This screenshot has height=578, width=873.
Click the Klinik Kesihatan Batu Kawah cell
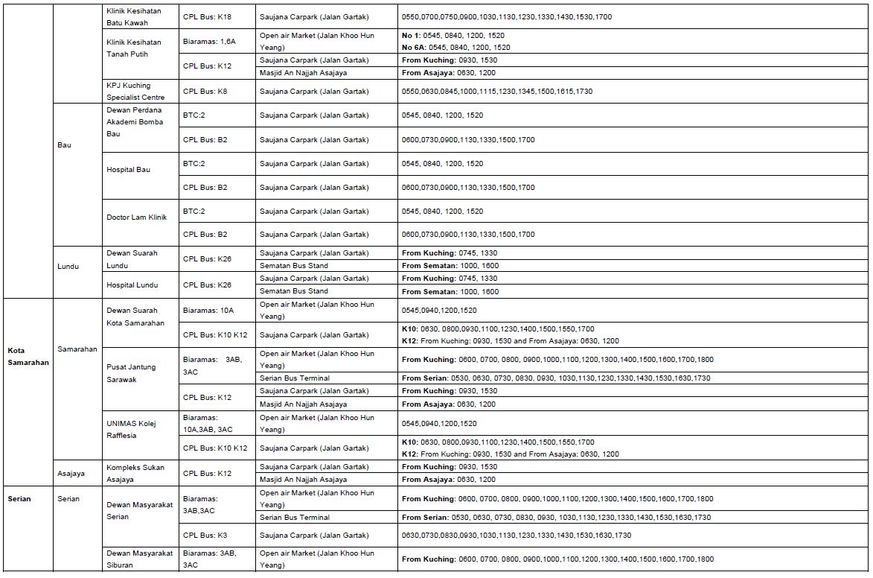click(x=133, y=17)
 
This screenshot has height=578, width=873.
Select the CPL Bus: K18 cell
click(x=207, y=16)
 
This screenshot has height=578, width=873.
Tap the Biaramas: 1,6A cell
click(x=209, y=42)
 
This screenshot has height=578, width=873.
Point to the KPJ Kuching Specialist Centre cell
click(x=135, y=91)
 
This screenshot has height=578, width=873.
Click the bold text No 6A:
click(x=415, y=48)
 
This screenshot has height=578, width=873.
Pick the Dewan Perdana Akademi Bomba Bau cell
click(x=134, y=122)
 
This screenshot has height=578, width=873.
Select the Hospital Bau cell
click(x=128, y=170)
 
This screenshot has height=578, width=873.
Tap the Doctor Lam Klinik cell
click(x=136, y=217)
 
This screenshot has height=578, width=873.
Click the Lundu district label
click(x=68, y=266)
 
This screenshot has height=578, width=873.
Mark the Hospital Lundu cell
click(x=132, y=285)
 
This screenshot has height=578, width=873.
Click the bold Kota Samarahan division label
click(x=28, y=356)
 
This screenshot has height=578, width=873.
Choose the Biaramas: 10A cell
click(x=208, y=310)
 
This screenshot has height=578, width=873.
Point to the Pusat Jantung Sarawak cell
click(x=131, y=373)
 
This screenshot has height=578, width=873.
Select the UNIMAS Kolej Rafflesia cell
click(x=132, y=429)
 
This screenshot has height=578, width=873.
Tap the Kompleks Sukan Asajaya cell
click(x=135, y=473)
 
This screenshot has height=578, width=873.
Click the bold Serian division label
click(x=19, y=498)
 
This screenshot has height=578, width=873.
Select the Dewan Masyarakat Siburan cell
click(x=139, y=559)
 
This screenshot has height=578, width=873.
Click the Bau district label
click(x=64, y=145)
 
